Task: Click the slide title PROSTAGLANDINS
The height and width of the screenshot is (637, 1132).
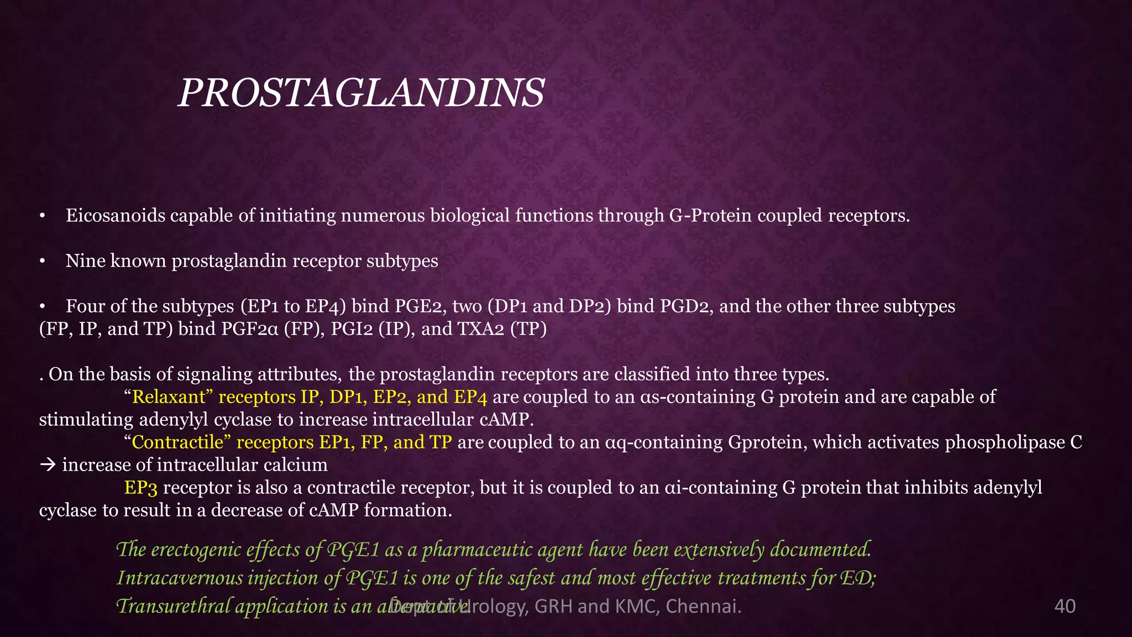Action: coord(361,93)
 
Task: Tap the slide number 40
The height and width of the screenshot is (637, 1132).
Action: coord(1065,606)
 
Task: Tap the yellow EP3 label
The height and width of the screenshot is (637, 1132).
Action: coord(141,488)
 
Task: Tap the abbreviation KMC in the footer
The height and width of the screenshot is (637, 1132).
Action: coord(636,606)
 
